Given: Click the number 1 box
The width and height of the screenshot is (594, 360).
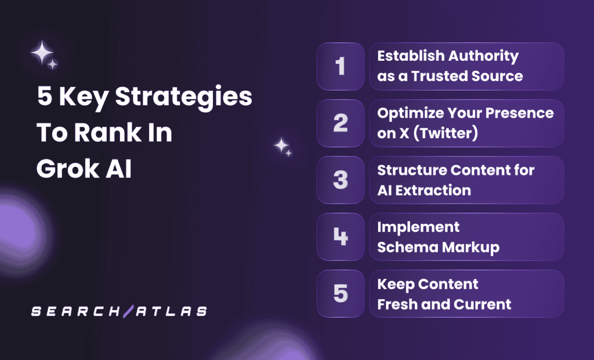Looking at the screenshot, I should pyautogui.click(x=341, y=67).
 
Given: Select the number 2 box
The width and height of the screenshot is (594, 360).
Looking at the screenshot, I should pyautogui.click(x=341, y=123).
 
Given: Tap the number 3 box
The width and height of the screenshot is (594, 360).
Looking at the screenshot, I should pyautogui.click(x=341, y=180).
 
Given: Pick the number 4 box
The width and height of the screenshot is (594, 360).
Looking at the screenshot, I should pyautogui.click(x=341, y=237).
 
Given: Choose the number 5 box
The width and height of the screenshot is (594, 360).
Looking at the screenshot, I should pyautogui.click(x=341, y=293).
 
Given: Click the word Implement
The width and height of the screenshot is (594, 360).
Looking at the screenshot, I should pyautogui.click(x=418, y=227).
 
